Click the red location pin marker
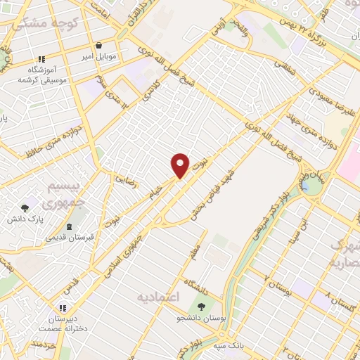[x=180, y=166]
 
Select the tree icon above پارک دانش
[x=25, y=208]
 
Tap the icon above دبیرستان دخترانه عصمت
[x=62, y=308]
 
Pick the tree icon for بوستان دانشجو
[x=202, y=307]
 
